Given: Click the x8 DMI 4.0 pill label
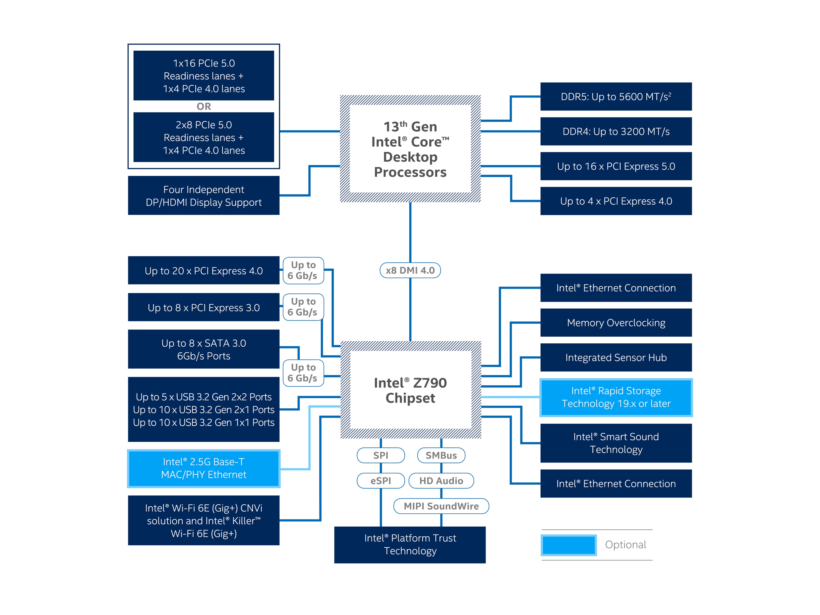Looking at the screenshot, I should [x=410, y=270].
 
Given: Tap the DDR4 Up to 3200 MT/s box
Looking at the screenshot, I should [x=616, y=132].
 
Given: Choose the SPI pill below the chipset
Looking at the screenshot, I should [x=381, y=455].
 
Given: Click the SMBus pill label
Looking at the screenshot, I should [x=441, y=455].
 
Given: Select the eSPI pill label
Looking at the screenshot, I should [x=381, y=481].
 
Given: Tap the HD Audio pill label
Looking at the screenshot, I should [x=441, y=481].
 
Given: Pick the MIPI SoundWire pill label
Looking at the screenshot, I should [x=441, y=506].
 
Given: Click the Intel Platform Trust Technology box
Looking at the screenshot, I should [x=410, y=545].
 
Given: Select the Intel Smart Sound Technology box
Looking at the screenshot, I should [x=616, y=443].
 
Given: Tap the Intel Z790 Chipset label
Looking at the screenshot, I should [x=410, y=390].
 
